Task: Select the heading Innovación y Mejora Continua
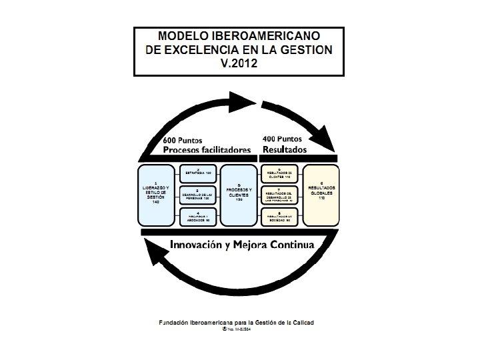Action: pyautogui.click(x=241, y=244)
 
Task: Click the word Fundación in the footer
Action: pyautogui.click(x=174, y=323)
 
